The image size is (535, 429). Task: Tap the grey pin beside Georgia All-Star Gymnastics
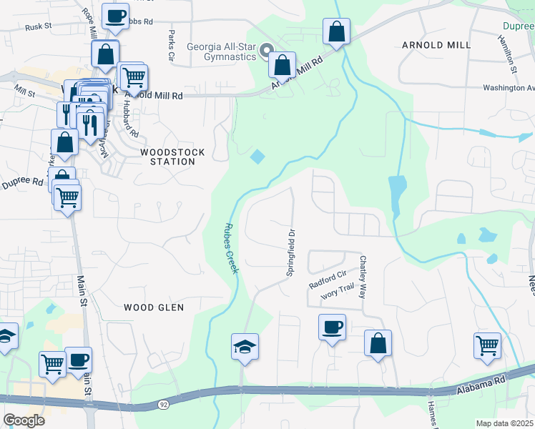(266, 51)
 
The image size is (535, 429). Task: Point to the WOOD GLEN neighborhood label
(154, 307)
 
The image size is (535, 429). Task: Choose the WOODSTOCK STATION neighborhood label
(172, 157)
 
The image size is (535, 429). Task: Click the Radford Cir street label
(328, 279)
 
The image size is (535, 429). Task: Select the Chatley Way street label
(363, 277)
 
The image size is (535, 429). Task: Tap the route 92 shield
(164, 405)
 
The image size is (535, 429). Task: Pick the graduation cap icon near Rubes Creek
(245, 347)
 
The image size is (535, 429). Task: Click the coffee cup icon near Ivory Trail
(332, 327)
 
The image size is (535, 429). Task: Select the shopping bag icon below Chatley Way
(378, 343)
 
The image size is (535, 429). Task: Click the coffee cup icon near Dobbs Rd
(115, 16)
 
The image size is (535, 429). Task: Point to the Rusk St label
(39, 26)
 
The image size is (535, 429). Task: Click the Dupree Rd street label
(22, 183)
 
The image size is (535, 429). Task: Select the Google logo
(24, 420)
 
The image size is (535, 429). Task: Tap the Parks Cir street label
(172, 44)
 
